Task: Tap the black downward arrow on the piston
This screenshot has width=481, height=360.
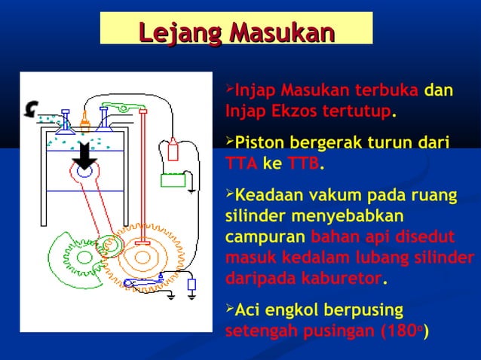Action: (84, 156)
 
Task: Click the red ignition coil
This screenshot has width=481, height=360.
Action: (173, 148)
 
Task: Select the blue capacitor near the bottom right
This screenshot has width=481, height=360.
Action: (191, 285)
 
